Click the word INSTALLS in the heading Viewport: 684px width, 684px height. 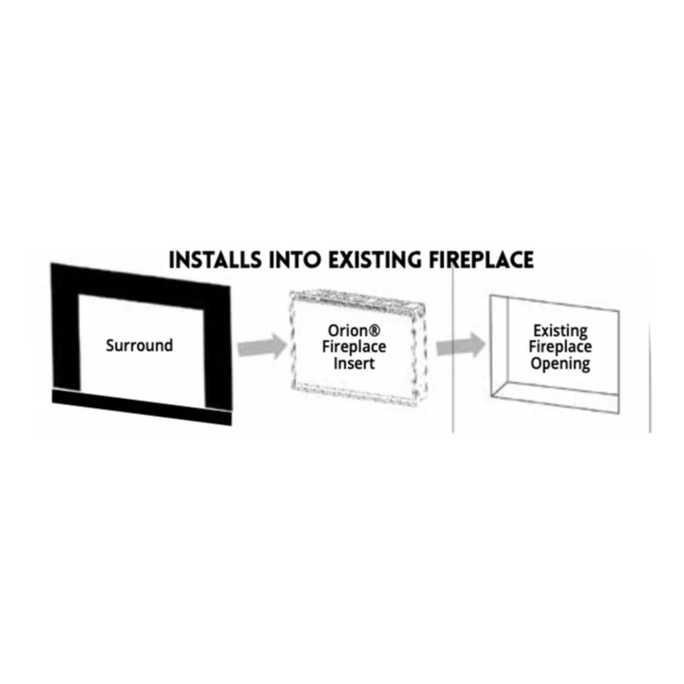coord(215,260)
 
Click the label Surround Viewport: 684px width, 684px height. coord(139,345)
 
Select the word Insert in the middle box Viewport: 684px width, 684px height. coord(354,363)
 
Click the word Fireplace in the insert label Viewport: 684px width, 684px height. coord(354,347)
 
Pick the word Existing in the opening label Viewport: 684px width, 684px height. coord(560,330)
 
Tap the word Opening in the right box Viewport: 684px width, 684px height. coord(560,364)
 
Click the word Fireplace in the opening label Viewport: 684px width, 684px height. coord(560,347)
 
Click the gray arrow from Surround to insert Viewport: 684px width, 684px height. coord(261,347)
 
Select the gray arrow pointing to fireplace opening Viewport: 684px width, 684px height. coord(460,345)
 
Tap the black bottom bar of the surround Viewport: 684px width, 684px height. coord(141,407)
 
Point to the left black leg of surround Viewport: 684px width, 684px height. coord(65,338)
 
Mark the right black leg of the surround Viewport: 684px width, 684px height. coord(217,351)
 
